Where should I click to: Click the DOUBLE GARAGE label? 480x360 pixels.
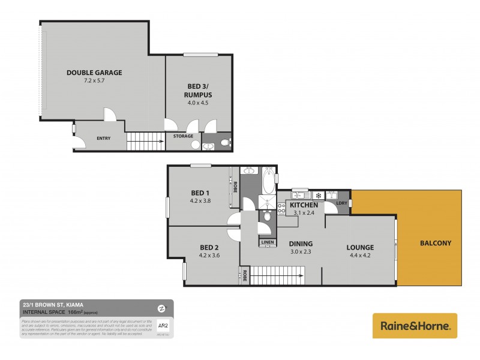pos(94,73)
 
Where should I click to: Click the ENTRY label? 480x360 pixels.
pos(103,139)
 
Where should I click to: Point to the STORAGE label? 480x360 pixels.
pos(183,136)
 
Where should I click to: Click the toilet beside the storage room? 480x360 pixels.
pos(223,143)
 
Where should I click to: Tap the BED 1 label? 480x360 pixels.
pos(199,193)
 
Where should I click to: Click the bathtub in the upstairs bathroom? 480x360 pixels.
pos(268,178)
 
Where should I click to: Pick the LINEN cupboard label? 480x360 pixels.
pos(267,242)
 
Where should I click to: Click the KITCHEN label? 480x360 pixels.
pos(303,205)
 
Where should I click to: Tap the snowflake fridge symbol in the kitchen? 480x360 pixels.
pos(319,195)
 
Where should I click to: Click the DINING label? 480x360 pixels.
pos(301,244)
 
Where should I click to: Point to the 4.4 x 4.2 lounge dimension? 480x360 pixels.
pos(360,255)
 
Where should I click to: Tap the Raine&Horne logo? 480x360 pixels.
pos(415,326)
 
